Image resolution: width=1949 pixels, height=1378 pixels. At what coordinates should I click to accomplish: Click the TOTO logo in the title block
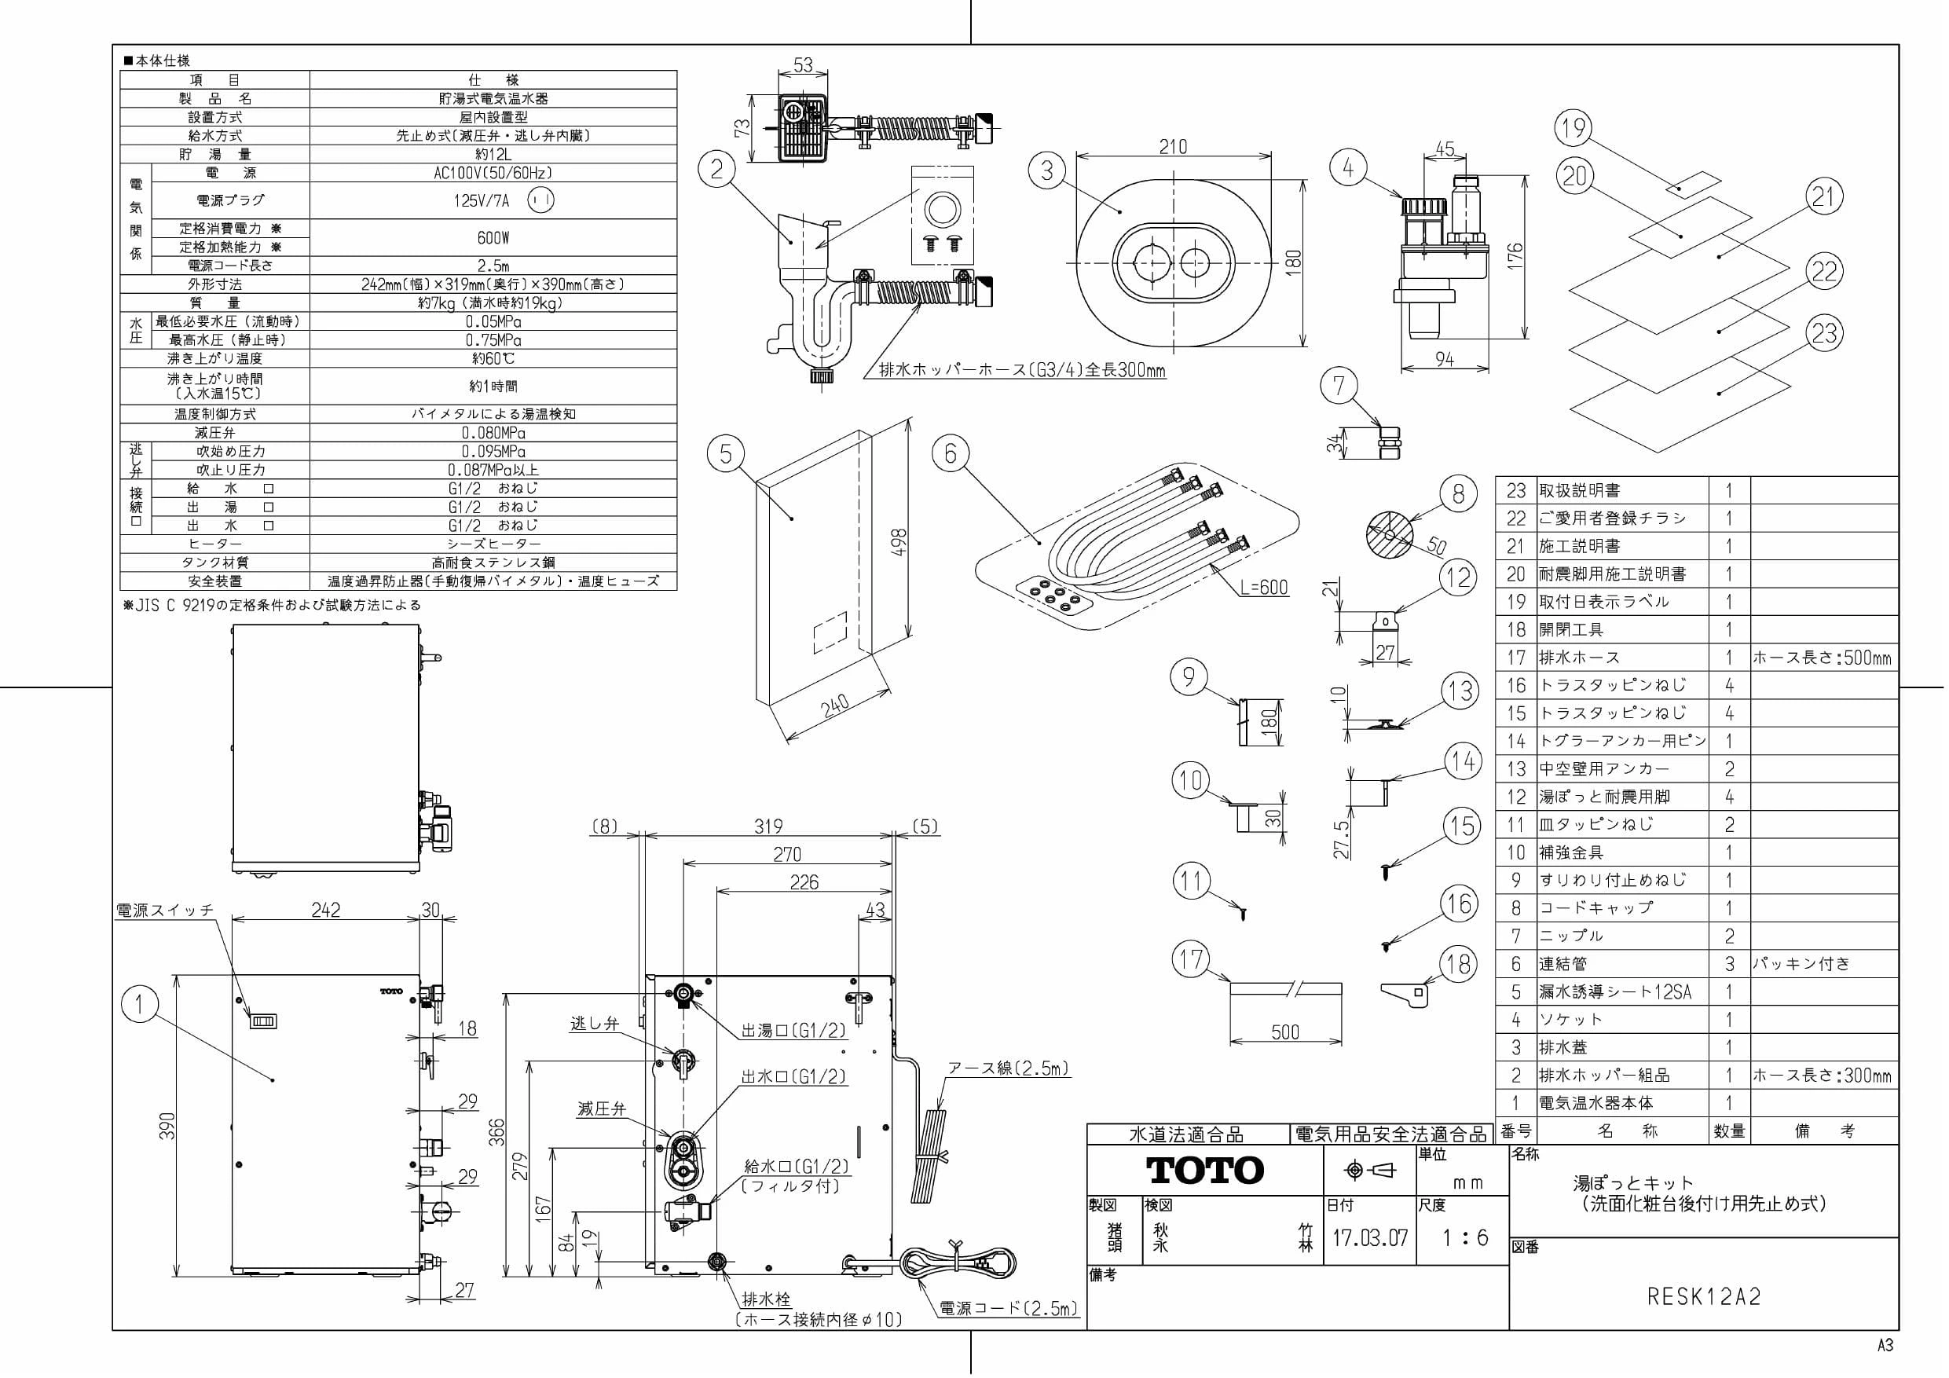click(x=1205, y=1170)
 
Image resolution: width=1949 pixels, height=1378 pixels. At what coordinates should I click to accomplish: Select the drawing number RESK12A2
click(x=1704, y=1296)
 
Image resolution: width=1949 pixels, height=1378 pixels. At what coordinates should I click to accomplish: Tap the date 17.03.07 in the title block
click(x=1369, y=1237)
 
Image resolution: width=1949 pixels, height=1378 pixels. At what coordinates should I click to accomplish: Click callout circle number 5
click(x=726, y=453)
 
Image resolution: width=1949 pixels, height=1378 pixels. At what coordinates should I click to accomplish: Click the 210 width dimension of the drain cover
click(x=1173, y=147)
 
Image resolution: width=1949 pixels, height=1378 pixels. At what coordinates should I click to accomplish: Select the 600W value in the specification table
click(x=493, y=238)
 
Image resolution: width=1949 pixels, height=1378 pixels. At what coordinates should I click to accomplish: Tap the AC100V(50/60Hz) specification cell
click(x=493, y=172)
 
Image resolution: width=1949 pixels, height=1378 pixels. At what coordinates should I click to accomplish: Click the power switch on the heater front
click(x=263, y=1021)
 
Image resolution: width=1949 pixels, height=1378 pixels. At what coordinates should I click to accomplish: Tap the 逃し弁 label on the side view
click(x=594, y=1024)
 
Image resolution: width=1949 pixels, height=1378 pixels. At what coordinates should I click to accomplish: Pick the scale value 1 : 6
click(x=1464, y=1238)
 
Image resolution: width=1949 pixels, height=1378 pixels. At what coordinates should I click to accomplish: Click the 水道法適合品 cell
click(x=1186, y=1134)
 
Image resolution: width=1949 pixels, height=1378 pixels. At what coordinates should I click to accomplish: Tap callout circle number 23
click(x=1824, y=332)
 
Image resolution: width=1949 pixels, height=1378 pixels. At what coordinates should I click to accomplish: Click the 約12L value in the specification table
click(x=493, y=155)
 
